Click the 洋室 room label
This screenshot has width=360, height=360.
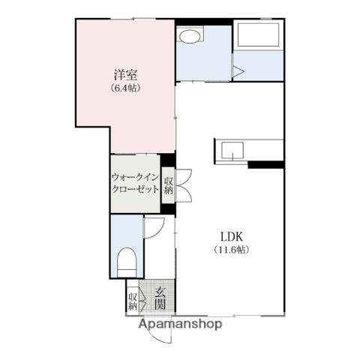[125, 74]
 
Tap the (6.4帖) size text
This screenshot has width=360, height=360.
[125, 88]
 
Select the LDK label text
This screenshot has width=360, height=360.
[232, 236]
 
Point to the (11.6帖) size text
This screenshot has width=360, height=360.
[232, 250]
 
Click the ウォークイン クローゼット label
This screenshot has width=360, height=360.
[135, 183]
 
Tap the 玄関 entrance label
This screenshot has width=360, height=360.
[160, 298]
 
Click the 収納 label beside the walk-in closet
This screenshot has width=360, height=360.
[169, 185]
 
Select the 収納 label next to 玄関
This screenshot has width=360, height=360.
[133, 301]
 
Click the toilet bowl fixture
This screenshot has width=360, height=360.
[127, 262]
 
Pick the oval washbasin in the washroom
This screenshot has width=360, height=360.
[190, 37]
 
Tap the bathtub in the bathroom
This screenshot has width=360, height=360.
[258, 34]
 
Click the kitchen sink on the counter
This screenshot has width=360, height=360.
[232, 150]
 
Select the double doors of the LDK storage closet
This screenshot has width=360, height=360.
[184, 185]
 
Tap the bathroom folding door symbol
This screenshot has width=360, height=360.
[238, 71]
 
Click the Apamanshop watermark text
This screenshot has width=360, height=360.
[180, 324]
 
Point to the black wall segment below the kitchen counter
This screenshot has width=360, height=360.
[266, 165]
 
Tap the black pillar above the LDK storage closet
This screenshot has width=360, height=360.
[168, 160]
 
